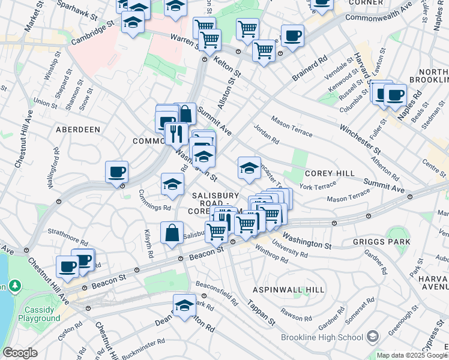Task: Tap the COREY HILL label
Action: click(x=330, y=173)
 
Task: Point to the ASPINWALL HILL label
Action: click(x=288, y=289)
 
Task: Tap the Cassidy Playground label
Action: click(x=39, y=314)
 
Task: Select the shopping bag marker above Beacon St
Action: click(x=172, y=233)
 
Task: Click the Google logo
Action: click(x=20, y=353)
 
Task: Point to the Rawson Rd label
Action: click(x=298, y=316)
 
